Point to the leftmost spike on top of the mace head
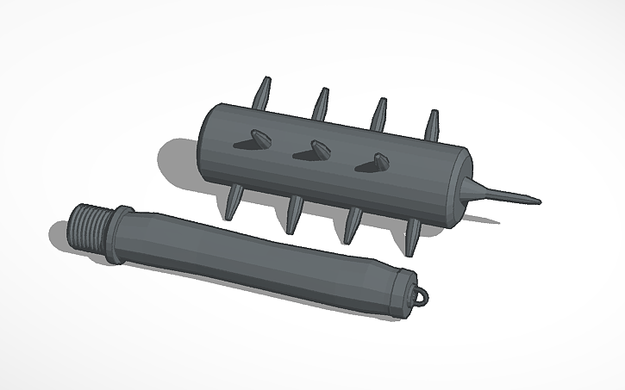pyautogui.click(x=264, y=90)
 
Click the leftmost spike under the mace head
pyautogui.click(x=234, y=205)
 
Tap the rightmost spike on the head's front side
pyautogui.click(x=372, y=160)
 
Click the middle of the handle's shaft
pyautogui.click(x=259, y=257)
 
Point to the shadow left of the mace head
pyautogui.click(x=177, y=164)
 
